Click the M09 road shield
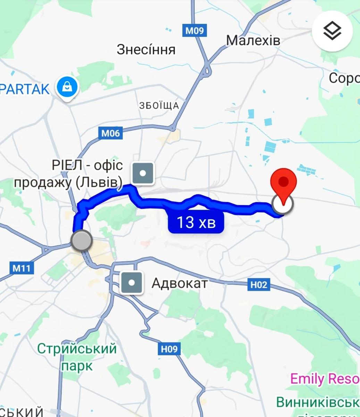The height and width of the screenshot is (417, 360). click(194, 31)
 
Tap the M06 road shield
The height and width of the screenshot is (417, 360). click(110, 133)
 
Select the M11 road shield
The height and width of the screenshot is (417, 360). click(22, 268)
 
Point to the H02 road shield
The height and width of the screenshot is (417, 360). click(259, 285)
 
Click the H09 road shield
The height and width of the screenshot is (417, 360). click(169, 349)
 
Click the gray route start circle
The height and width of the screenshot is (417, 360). click(82, 240)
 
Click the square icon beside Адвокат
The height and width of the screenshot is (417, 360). click(132, 283)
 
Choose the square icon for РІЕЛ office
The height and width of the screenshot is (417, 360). click(143, 173)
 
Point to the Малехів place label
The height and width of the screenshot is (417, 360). click(253, 40)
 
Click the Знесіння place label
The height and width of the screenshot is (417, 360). click(146, 50)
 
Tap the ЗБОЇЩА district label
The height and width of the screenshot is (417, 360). click(159, 105)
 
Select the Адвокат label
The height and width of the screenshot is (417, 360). click(179, 284)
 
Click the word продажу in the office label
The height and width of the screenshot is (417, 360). click(43, 182)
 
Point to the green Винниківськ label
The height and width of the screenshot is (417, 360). click(318, 402)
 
